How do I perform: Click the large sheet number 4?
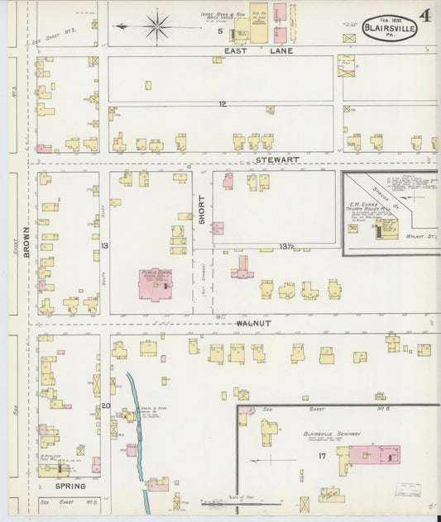424,16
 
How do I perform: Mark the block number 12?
223,104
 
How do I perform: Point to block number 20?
106,406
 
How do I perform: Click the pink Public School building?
154,284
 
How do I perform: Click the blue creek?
137,429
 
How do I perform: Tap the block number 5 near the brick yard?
220,31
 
